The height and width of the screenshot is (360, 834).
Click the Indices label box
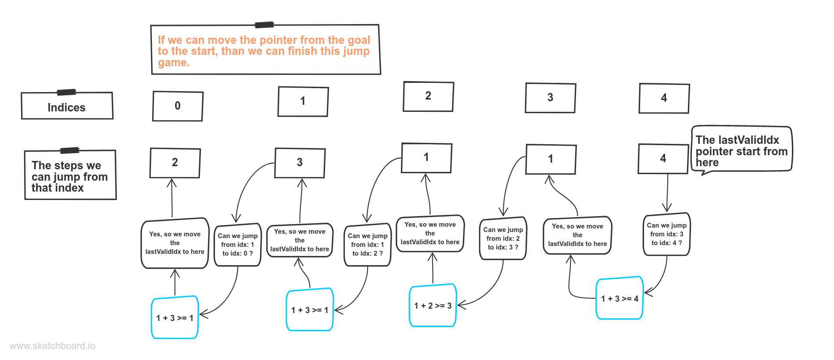click(67, 107)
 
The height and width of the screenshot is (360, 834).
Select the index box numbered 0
click(178, 106)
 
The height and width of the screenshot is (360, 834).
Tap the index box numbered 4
click(664, 98)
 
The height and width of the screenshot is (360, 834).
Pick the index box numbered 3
click(550, 98)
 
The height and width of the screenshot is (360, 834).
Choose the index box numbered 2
click(428, 96)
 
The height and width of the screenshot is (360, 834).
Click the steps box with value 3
click(300, 163)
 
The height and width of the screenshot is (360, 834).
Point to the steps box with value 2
click(175, 163)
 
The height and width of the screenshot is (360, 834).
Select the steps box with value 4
click(663, 159)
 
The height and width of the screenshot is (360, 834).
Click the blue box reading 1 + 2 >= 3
click(433, 306)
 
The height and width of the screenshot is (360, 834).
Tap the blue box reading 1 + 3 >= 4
click(619, 299)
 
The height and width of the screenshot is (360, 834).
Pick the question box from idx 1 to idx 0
click(237, 245)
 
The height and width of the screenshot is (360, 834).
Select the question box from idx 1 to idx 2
click(367, 245)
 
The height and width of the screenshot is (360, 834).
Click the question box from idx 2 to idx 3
click(503, 239)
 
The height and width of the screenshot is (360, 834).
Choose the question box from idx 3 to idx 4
click(666, 234)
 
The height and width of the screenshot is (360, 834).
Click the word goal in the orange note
click(359, 40)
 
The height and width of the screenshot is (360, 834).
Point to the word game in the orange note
click(172, 63)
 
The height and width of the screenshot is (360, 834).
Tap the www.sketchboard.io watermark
click(52, 346)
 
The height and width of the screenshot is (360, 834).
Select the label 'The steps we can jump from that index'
click(70, 176)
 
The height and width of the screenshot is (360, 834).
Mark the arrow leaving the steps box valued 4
click(667, 193)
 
